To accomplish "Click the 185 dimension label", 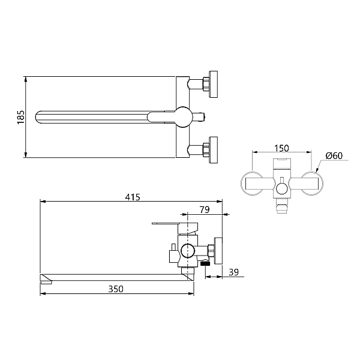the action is (x=20, y=117).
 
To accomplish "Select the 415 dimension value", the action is (x=133, y=197).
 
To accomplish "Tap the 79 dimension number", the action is (x=205, y=209).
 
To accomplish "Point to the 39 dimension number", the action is (x=234, y=272).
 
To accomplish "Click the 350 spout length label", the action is (x=116, y=289).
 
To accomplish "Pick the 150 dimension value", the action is (x=282, y=148).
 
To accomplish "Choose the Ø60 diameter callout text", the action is (x=334, y=155).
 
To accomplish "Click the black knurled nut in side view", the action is (x=205, y=263).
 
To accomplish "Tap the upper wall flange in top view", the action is (x=213, y=84).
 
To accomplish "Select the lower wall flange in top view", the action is (x=213, y=150).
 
